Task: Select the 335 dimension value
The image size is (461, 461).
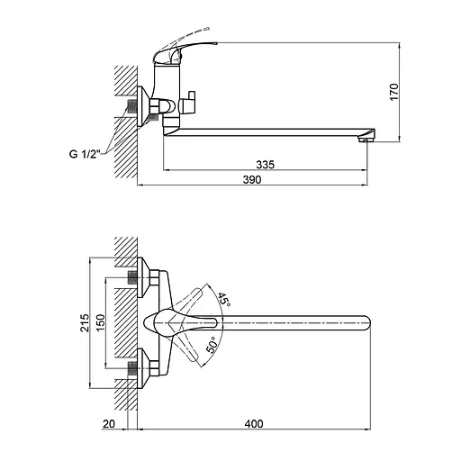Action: [264, 164]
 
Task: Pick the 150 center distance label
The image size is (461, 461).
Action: [100, 323]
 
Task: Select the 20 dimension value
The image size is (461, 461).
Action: [110, 423]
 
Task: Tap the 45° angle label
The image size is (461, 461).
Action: [223, 299]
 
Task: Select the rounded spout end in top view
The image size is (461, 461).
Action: [365, 323]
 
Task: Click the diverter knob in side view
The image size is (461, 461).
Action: [189, 104]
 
